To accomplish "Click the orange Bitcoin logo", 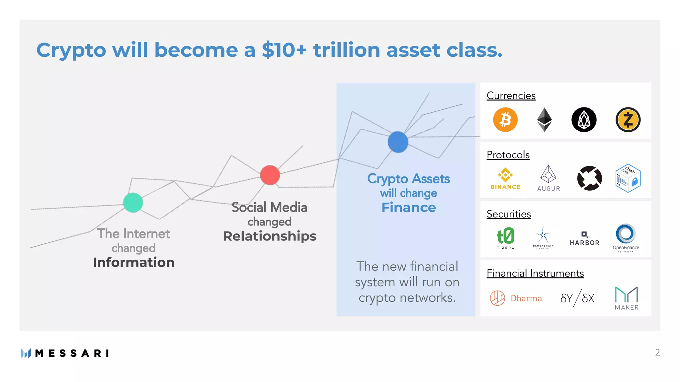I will [505, 120].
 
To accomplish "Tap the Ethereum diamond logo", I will [545, 120].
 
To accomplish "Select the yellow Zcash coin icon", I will [628, 120].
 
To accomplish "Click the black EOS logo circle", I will [584, 120].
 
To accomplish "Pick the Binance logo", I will [505, 179].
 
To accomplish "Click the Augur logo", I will [548, 178].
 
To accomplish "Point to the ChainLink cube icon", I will [628, 178].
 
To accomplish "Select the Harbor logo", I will [584, 239].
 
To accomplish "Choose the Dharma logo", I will [516, 298].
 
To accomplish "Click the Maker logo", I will [627, 298].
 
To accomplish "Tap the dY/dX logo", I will [577, 298].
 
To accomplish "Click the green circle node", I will [133, 203].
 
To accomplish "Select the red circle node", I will [270, 175].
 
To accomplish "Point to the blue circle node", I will [398, 142].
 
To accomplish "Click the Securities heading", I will [509, 214].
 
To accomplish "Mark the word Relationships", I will [270, 236].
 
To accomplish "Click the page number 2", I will [657, 352].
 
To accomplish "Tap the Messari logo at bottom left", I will [65, 353].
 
